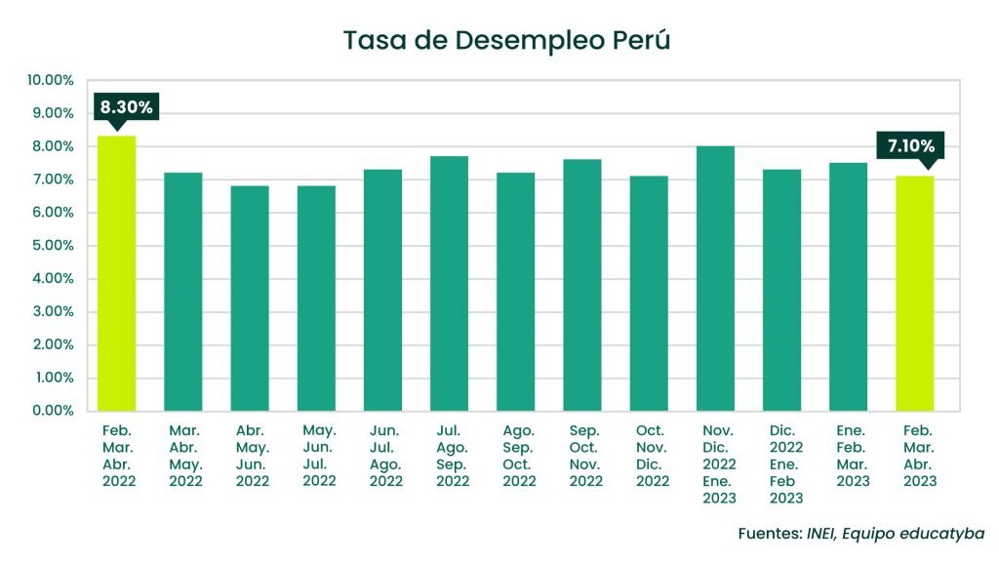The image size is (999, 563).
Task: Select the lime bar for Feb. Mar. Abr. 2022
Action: coord(117,273)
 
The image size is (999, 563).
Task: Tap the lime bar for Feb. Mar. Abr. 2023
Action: coord(915,293)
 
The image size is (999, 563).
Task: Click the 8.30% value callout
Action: coord(126,107)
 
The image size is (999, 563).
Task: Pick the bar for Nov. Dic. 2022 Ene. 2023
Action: coord(715,278)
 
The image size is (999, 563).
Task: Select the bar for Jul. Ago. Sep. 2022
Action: coord(449,283)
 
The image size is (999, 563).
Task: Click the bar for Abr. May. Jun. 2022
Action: coord(250,298)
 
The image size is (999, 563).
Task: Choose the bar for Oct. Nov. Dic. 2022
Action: coord(649,293)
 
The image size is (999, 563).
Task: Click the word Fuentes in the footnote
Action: coord(769,534)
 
